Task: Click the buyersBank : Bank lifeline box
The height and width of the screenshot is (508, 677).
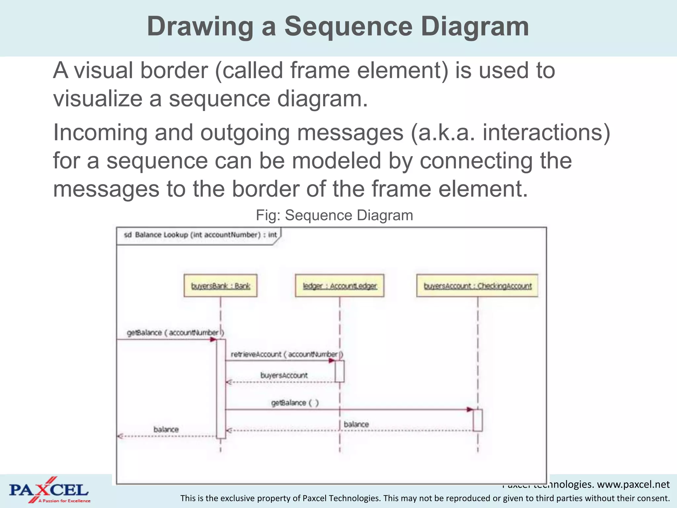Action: pos(220,285)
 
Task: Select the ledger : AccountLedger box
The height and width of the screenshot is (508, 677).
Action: pos(339,285)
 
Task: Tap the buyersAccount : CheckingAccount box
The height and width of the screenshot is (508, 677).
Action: pos(477,285)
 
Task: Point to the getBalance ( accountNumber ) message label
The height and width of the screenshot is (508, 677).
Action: pos(175,332)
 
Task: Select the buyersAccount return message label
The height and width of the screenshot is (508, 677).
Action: pos(284,375)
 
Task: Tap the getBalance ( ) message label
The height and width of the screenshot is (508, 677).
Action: pos(295,403)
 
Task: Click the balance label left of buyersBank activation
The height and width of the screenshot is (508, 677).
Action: pos(166,429)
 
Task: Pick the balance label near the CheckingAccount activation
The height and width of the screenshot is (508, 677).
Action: pos(356,424)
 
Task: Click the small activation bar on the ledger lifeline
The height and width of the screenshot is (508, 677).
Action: pos(339,371)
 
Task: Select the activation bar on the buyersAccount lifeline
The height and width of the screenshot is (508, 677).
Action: pos(477,420)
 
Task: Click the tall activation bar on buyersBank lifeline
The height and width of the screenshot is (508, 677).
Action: pos(221,389)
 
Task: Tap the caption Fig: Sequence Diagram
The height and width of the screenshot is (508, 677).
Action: pos(334,215)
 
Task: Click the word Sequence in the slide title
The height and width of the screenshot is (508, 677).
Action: pos(348,26)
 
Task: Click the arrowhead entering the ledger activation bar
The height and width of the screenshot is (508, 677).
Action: pos(332,360)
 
